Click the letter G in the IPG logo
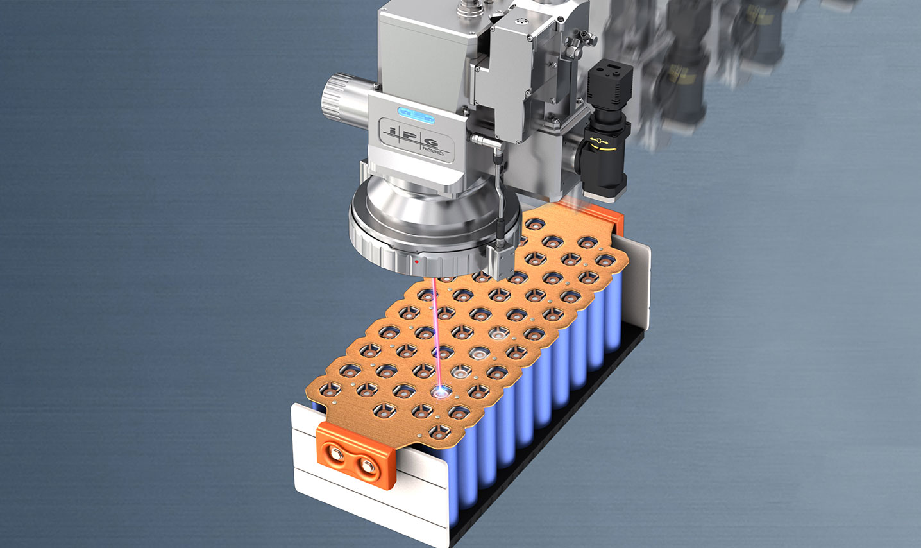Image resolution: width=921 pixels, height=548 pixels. [x=432, y=142]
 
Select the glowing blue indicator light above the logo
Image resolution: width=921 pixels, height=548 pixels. [x=416, y=115]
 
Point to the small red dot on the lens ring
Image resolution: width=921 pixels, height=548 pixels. [x=416, y=261]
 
